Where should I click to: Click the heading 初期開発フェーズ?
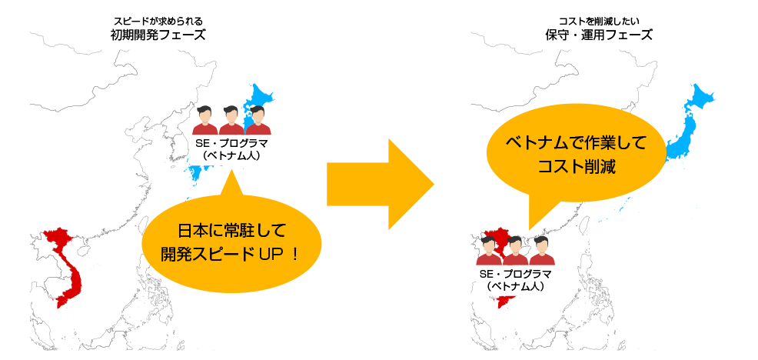coord(158,35)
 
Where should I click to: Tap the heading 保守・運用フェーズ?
coord(599,35)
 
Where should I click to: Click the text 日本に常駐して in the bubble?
coord(231,230)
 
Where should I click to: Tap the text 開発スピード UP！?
coord(231,252)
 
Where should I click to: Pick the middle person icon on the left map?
coord(230,119)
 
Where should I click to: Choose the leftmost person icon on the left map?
coord(205,119)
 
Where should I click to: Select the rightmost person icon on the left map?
coord(256,119)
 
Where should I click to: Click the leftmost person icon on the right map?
coord(490,250)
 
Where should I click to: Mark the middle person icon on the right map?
coord(515,250)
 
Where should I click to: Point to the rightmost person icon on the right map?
coord(541,250)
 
